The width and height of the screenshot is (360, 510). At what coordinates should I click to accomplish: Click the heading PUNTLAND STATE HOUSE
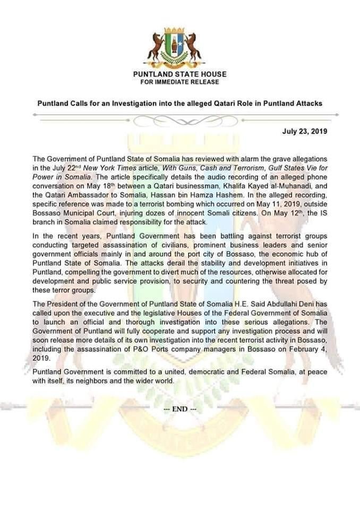pos(179,74)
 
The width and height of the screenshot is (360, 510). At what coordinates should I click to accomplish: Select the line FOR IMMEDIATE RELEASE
pos(179,82)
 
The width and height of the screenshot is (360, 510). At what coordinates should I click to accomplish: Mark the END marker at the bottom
pos(180,409)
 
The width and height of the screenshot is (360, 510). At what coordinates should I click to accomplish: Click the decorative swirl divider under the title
pos(179,120)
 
